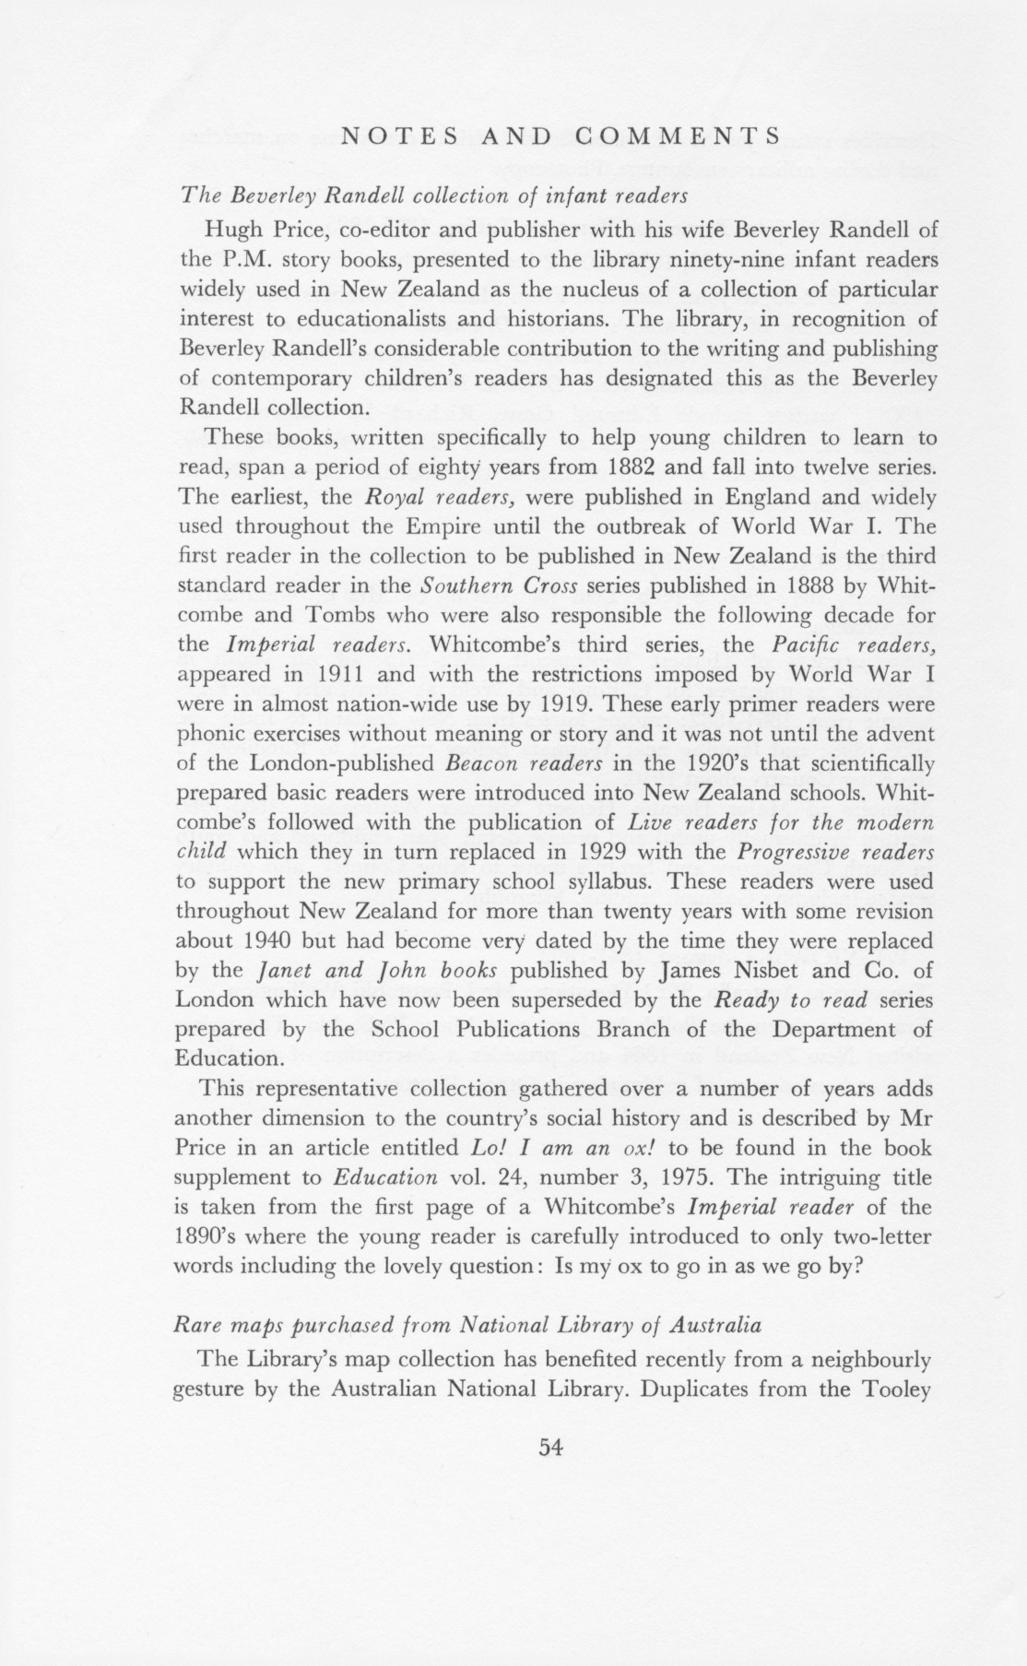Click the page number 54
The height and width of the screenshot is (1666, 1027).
[x=550, y=1447]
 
